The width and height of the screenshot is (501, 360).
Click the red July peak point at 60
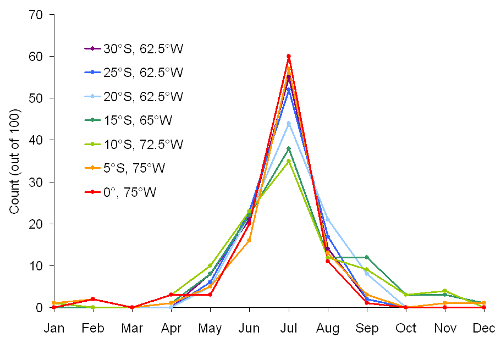(x=289, y=56)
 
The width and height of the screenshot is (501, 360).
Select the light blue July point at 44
(x=289, y=123)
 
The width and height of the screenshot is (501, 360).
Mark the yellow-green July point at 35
(x=289, y=160)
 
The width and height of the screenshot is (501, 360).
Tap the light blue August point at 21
(x=328, y=219)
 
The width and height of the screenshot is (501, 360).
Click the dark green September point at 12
(x=367, y=257)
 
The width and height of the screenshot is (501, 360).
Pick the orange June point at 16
(x=250, y=240)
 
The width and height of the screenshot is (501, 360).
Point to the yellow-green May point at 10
(x=210, y=265)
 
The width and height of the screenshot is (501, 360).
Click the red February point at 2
(x=93, y=299)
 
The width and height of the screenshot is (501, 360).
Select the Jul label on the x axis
(x=289, y=329)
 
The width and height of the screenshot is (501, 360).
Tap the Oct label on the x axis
(x=406, y=329)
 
